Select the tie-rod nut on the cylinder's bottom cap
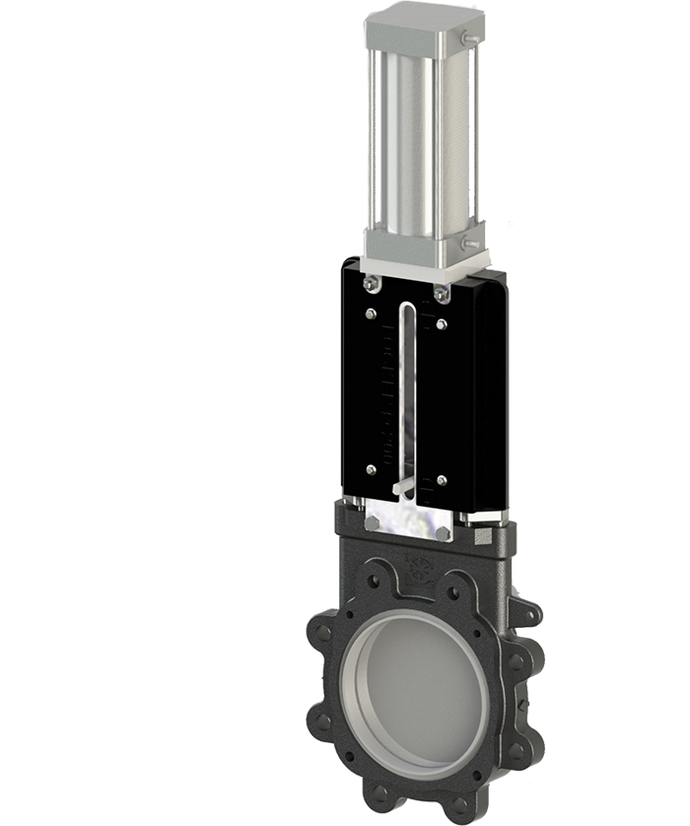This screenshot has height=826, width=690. [x=471, y=242]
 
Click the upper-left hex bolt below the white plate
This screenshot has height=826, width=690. [x=372, y=284]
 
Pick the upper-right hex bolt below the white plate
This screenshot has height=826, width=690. [x=440, y=292]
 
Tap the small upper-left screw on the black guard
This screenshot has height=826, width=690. [x=371, y=314]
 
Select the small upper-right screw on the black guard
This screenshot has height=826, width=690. [x=441, y=323]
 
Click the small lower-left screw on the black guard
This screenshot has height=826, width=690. [x=371, y=469]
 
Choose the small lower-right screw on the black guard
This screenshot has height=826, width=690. [x=441, y=480]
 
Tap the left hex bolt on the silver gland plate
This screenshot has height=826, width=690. [x=372, y=523]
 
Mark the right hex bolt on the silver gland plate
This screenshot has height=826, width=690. [x=443, y=533]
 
